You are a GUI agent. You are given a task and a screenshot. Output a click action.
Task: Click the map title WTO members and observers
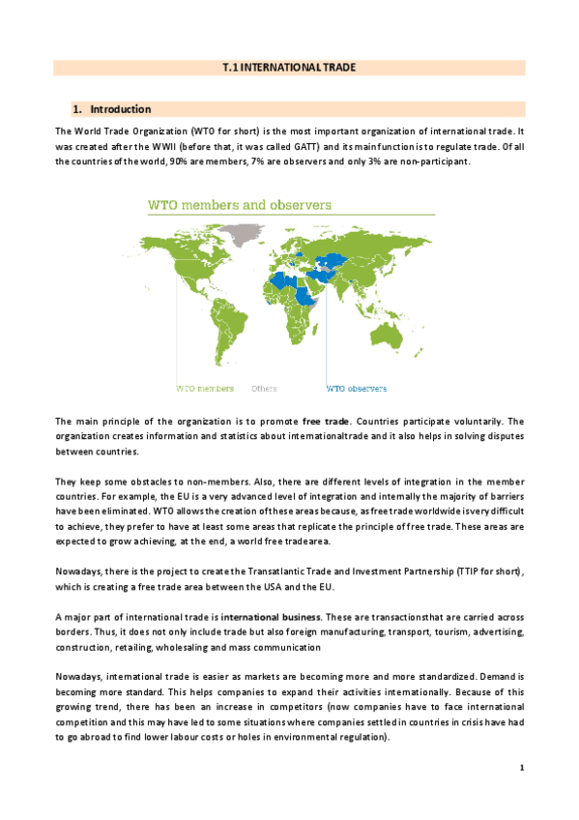(x=238, y=205)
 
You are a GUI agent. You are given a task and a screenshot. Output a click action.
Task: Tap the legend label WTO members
(x=205, y=389)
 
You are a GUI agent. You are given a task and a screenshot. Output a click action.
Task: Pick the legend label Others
(x=264, y=389)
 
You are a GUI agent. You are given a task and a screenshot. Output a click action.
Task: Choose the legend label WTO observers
(x=356, y=389)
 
